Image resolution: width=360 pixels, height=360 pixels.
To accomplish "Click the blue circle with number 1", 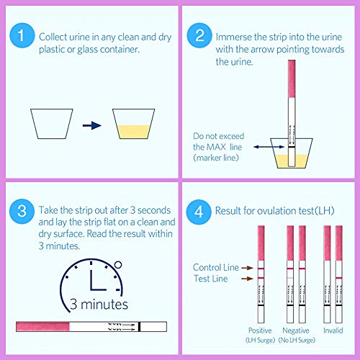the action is click(22, 35).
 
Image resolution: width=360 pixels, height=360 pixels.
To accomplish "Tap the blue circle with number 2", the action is click(199, 35).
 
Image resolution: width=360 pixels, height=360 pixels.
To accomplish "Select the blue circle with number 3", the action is click(22, 212).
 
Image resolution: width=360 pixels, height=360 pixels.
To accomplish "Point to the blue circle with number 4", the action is click(199, 212).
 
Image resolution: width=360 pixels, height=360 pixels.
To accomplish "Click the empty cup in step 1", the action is click(52, 124).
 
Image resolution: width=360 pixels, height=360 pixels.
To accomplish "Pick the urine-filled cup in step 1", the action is click(134, 124).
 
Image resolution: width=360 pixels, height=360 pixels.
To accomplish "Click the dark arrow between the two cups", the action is click(92, 125).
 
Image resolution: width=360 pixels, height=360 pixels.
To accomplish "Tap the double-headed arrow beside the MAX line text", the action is click(269, 147).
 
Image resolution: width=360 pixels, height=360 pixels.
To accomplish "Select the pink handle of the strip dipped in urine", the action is click(292, 78).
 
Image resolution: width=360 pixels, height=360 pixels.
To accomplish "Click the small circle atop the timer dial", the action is click(118, 265).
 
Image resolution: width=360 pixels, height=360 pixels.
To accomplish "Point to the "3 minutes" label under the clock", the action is click(99, 305).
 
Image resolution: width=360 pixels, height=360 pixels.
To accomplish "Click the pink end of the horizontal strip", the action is click(42, 327).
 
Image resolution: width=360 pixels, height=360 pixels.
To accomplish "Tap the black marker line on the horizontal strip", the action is click(140, 327).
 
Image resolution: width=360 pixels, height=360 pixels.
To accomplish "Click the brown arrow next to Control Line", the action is click(247, 268).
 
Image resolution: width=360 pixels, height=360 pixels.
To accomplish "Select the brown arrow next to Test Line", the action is click(247, 279).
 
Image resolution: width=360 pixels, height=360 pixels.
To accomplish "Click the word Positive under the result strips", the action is click(260, 330).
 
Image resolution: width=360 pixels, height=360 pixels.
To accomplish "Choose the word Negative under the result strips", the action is click(296, 330).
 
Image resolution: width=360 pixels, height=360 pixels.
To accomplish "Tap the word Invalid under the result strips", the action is click(333, 330).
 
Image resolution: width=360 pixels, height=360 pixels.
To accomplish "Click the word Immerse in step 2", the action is click(233, 37).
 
